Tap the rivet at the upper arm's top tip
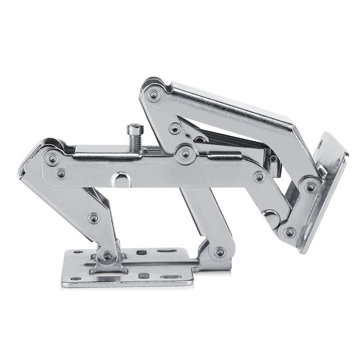[154, 95]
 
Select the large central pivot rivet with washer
[185, 154]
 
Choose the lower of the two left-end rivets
[61, 173]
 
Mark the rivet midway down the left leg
[94, 219]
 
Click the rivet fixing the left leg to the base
[107, 256]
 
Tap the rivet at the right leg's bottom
[220, 252]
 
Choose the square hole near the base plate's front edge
[143, 275]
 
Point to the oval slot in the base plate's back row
[164, 250]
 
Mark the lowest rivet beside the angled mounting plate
[290, 233]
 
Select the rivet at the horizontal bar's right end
[259, 177]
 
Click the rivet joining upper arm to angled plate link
[310, 186]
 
